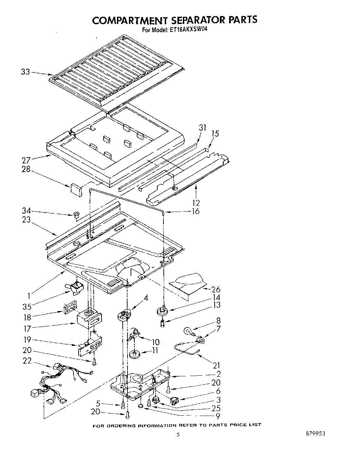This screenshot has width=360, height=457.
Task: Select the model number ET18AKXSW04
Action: coord(188,29)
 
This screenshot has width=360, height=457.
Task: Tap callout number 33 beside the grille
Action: coord(25,72)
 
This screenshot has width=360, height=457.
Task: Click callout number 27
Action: coord(26,160)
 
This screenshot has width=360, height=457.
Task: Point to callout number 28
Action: coord(26,169)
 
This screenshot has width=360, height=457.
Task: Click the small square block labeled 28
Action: coord(76,189)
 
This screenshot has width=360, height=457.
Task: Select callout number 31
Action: coord(203,127)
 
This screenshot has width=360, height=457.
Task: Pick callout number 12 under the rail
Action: coord(196,203)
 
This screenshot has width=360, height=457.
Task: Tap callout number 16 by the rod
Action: coord(196,211)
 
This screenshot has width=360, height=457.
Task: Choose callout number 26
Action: coord(216,290)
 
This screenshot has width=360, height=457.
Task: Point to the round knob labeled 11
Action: coord(135,353)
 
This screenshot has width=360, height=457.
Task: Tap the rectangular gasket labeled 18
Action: coord(68,308)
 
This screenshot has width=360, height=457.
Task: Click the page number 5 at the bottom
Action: coord(177,435)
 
